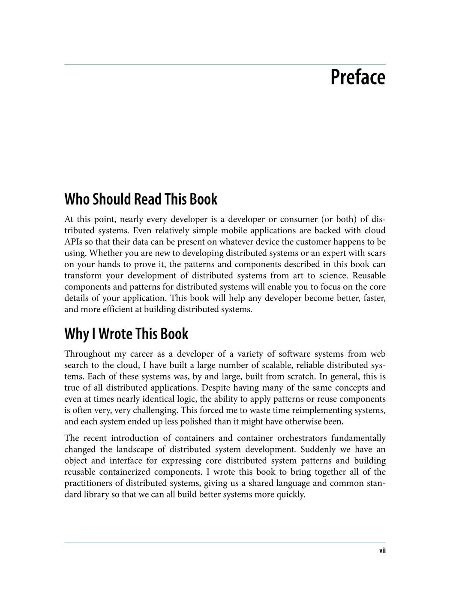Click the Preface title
click(x=358, y=78)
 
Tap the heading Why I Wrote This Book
click(x=126, y=334)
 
